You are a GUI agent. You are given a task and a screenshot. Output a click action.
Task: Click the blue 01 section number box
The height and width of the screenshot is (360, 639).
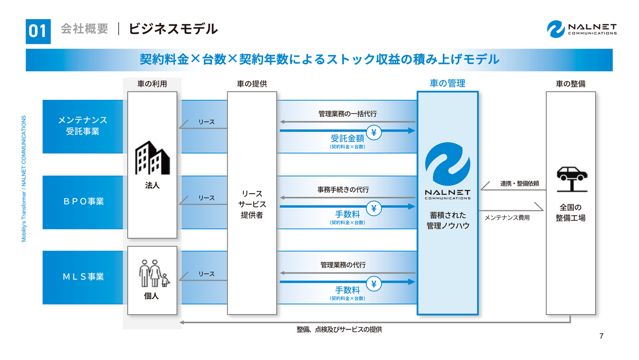[38, 31]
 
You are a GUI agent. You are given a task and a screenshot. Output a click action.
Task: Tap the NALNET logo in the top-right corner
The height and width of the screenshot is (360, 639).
[582, 29]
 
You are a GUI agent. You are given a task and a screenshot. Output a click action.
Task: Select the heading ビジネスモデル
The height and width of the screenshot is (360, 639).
[173, 29]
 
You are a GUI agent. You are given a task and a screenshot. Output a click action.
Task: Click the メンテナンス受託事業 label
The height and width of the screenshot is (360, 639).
[83, 126]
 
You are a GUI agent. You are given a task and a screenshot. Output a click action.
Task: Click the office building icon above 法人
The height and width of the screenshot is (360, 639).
[152, 158]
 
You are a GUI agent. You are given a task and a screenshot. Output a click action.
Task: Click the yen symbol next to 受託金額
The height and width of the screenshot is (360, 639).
[374, 133]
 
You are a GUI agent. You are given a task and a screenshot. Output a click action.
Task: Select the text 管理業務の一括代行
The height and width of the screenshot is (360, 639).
[347, 114]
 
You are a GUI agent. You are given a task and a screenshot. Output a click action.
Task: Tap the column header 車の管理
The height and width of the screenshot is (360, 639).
[447, 83]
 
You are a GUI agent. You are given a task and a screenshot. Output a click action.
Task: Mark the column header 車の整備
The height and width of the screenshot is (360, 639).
[571, 84]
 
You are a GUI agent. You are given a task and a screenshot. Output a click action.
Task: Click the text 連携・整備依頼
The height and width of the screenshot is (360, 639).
[520, 184]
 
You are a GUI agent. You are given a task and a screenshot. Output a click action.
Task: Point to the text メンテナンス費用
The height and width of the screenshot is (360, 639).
[507, 218]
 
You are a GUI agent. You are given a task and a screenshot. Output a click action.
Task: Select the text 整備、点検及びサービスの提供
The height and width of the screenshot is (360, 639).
[339, 330]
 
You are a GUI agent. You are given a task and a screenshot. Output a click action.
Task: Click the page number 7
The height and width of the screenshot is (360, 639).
[601, 336]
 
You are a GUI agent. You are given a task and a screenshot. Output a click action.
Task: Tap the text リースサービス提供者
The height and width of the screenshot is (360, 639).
[252, 204]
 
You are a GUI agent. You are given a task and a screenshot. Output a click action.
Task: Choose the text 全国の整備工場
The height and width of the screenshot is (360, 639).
[571, 213]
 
